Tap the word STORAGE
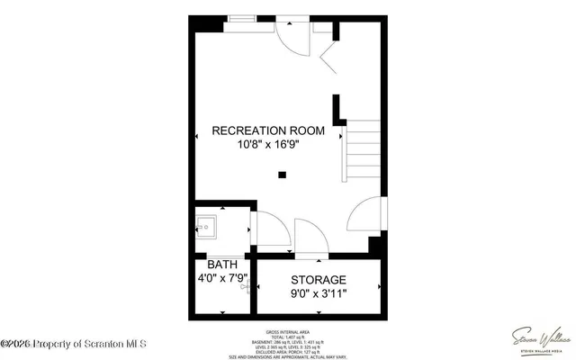tap(319, 280)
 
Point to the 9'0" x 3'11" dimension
tap(319, 293)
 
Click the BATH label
tap(221, 265)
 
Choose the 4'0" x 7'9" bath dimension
tap(221, 279)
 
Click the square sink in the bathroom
tap(205, 225)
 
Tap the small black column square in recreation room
tap(282, 175)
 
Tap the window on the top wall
tap(240, 18)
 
